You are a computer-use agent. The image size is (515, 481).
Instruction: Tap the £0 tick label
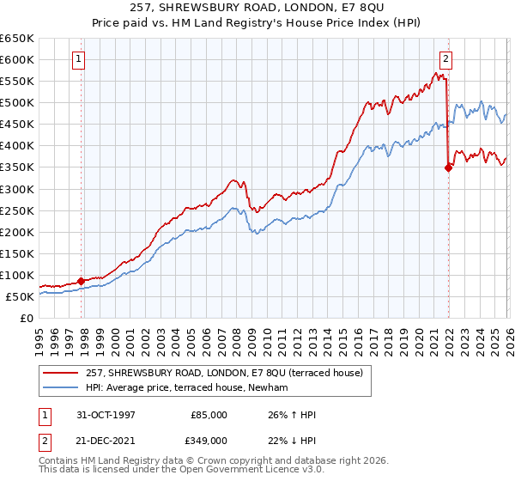pyautogui.click(x=27, y=318)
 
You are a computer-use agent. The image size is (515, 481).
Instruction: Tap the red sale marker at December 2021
pyautogui.click(x=448, y=168)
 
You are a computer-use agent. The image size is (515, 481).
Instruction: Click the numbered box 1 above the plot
pyautogui.click(x=79, y=59)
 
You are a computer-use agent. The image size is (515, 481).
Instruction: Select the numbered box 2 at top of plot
pyautogui.click(x=446, y=59)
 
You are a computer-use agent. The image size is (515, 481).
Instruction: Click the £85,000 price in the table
pyautogui.click(x=209, y=414)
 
